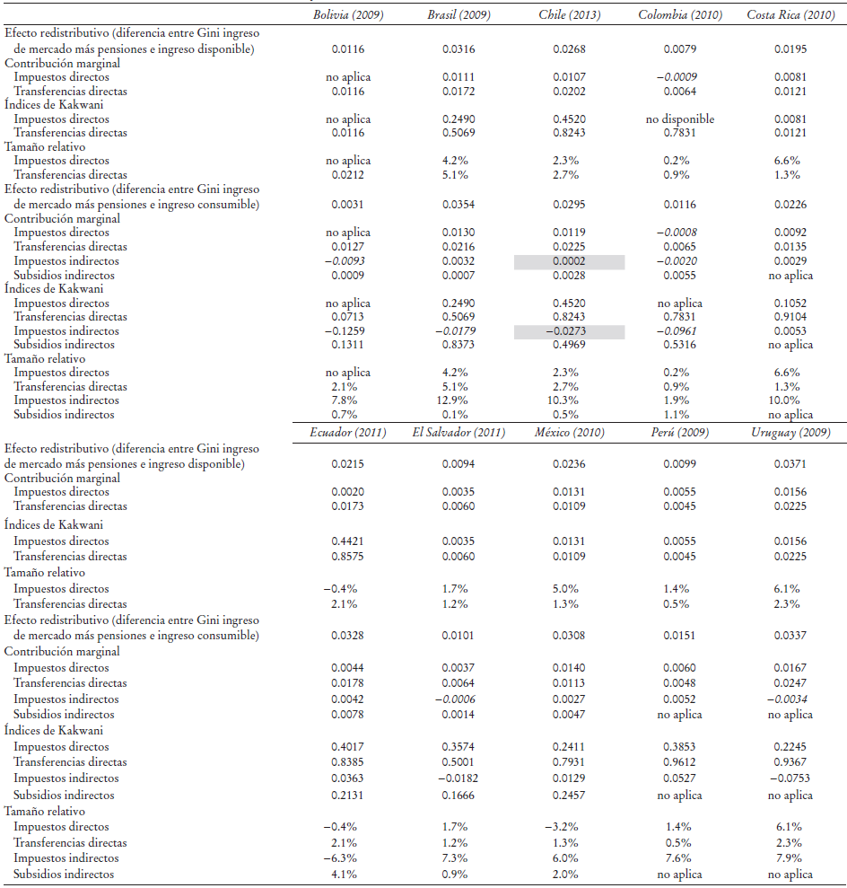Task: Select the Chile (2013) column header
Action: point(570,15)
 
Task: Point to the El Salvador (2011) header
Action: point(458,432)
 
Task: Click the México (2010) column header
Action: point(571,432)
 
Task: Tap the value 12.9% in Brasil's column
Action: point(458,400)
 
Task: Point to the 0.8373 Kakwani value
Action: point(458,345)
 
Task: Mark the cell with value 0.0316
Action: point(458,48)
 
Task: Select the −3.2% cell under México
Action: point(570,826)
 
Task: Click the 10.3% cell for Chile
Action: point(570,400)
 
